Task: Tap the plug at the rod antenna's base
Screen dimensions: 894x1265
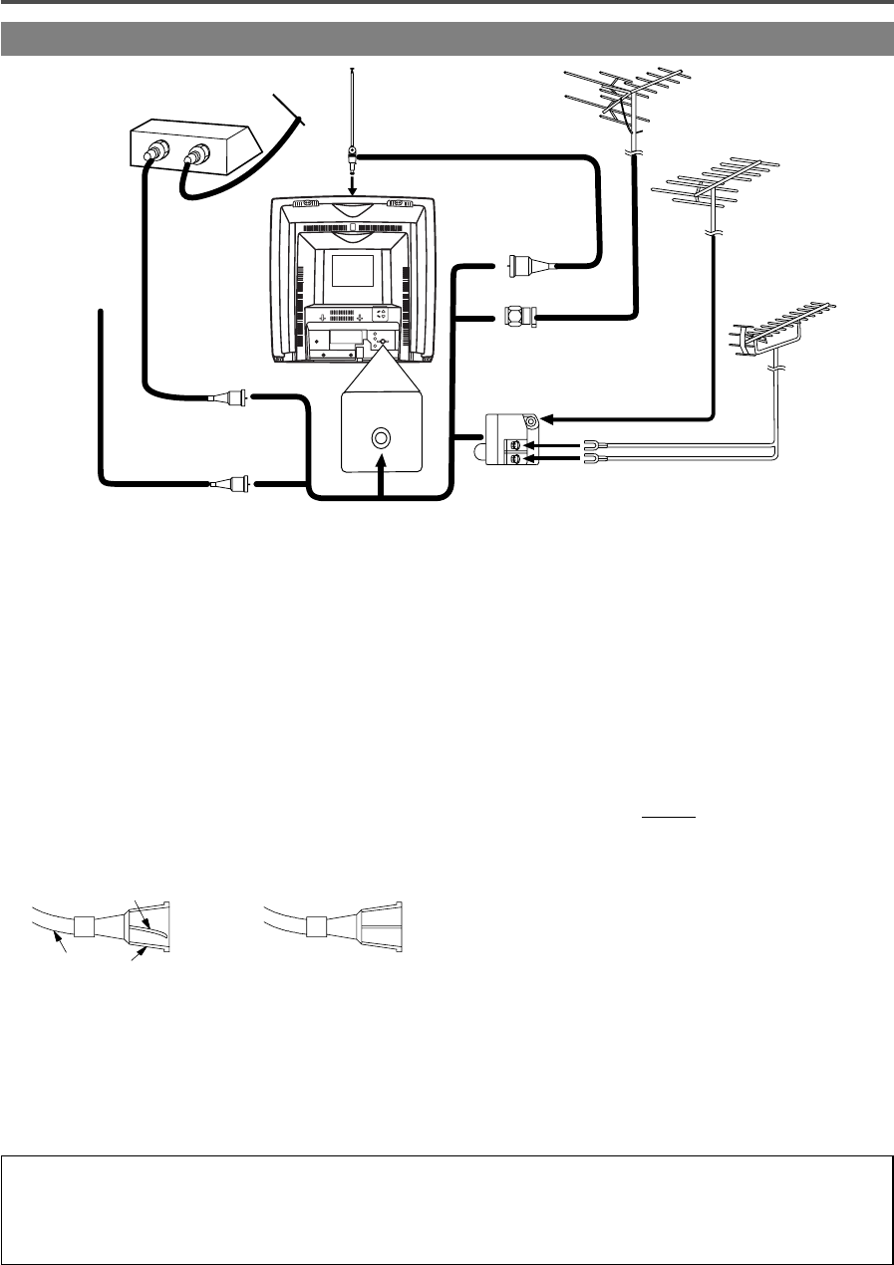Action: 352,155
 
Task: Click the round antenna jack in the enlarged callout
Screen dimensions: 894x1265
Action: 381,437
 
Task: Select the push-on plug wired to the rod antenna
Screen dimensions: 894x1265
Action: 521,266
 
